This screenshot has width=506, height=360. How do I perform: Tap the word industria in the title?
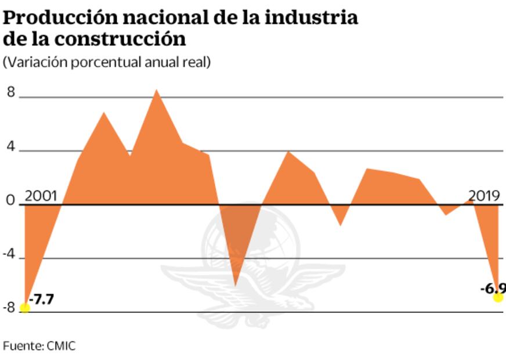(x=312, y=17)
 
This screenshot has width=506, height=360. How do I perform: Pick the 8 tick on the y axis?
(x=10, y=92)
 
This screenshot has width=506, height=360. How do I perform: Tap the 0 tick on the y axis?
(x=10, y=201)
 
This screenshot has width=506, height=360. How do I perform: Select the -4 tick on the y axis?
(x=10, y=254)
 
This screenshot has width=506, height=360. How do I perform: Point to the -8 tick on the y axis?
(x=9, y=308)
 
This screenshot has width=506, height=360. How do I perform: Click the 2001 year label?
(x=41, y=196)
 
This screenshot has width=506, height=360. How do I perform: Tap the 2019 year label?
(x=483, y=196)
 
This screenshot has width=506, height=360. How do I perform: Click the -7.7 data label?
(x=42, y=301)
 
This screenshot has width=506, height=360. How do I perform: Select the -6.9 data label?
(x=493, y=288)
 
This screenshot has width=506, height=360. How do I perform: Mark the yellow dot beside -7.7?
(x=25, y=308)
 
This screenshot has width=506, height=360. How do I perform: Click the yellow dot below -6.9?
(x=498, y=297)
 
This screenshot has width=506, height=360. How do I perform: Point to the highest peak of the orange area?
(x=156, y=91)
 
